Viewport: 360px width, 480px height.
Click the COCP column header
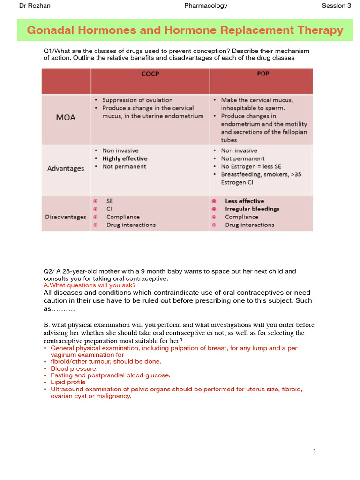click(150, 74)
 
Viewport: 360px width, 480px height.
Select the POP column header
click(263, 74)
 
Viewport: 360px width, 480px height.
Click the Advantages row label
click(66, 168)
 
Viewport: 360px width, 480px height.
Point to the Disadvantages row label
click(66, 217)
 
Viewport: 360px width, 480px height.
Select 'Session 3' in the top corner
click(336, 6)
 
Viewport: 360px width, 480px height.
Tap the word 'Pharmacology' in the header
click(206, 6)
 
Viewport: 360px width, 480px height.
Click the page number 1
click(314, 451)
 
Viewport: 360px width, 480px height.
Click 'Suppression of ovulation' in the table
click(137, 100)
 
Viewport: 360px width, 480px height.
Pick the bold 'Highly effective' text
click(125, 158)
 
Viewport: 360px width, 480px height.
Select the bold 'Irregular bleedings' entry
click(252, 209)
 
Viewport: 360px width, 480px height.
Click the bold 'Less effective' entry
click(244, 201)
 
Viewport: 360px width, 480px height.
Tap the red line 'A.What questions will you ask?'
click(90, 285)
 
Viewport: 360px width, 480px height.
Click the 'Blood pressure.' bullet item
click(74, 368)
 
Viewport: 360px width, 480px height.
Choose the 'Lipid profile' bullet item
click(68, 382)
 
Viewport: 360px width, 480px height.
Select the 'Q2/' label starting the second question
click(49, 271)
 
